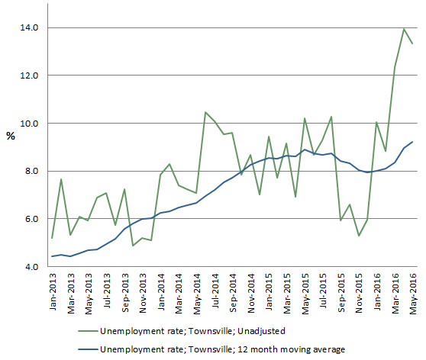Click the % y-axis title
[x=10, y=136]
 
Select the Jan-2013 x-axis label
[x=52, y=291]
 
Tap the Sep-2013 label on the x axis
[x=124, y=291]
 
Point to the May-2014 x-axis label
[x=196, y=291]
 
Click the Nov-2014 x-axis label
[x=250, y=291]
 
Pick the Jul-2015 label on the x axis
[x=322, y=291]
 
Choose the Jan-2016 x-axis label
[x=376, y=291]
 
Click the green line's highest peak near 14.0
[x=404, y=29]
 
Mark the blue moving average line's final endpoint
[x=413, y=141]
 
